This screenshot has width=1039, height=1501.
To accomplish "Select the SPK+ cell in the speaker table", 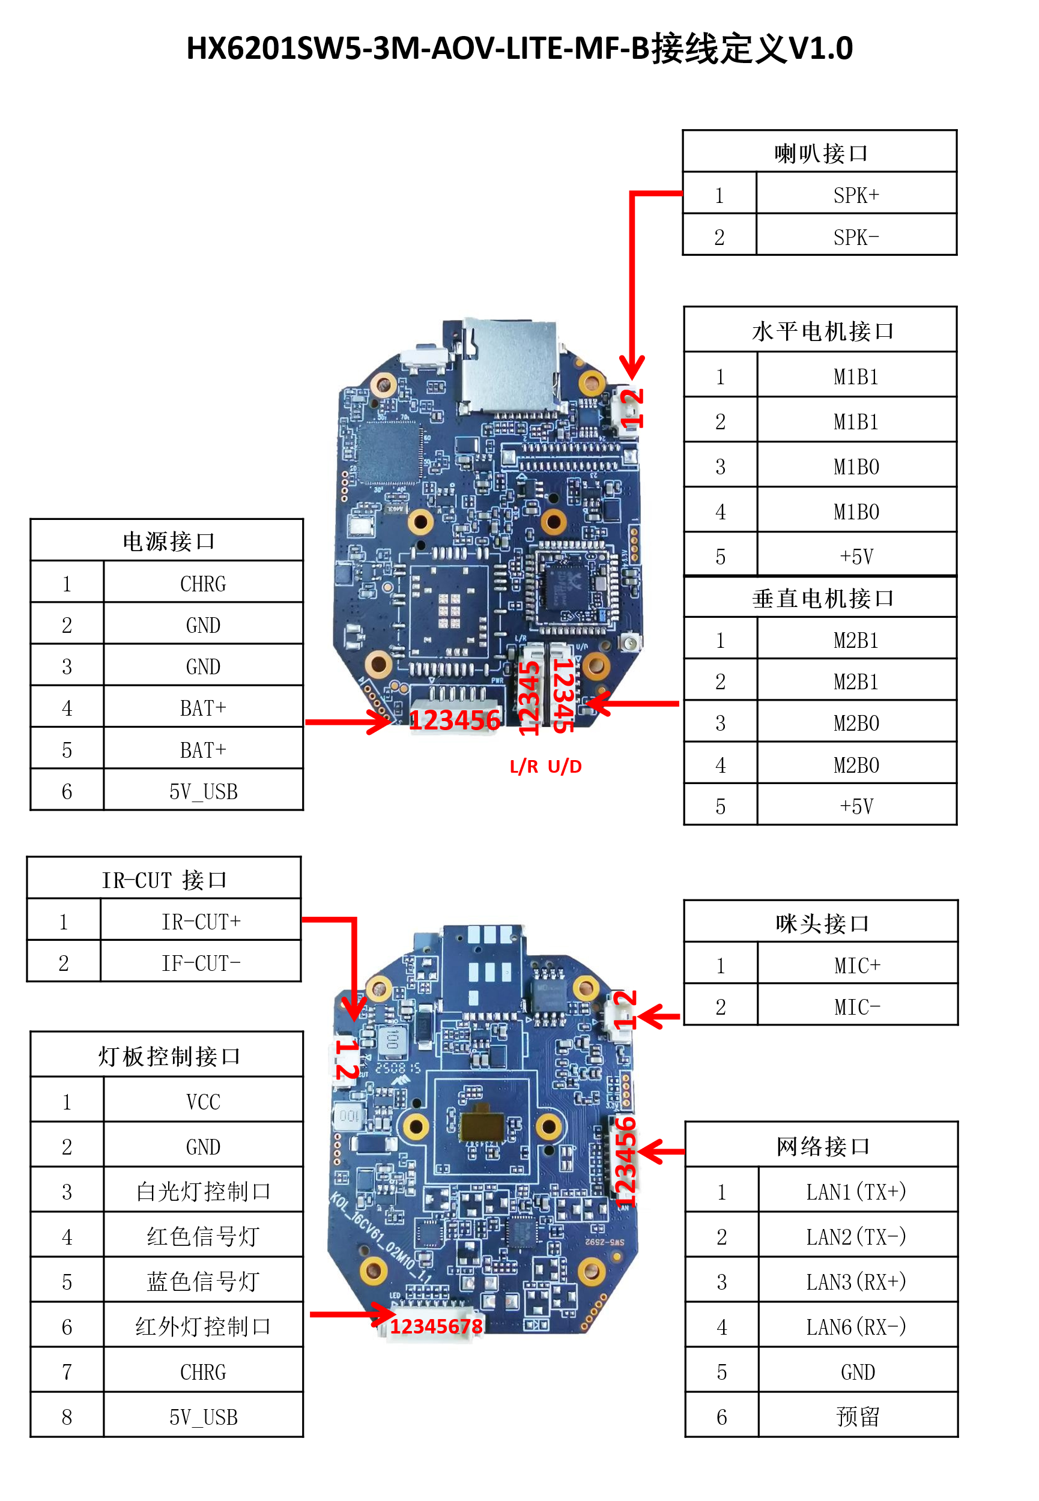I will (x=855, y=195).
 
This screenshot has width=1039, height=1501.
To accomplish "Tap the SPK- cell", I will (x=855, y=237).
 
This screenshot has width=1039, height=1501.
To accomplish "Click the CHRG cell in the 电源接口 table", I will (x=202, y=584).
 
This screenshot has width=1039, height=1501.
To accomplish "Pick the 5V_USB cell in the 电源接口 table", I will (x=202, y=791).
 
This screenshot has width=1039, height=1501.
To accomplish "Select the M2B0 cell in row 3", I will (x=855, y=723).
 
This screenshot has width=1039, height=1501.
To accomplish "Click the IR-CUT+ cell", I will (x=201, y=921).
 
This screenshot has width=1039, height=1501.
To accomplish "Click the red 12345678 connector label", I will (x=435, y=1326).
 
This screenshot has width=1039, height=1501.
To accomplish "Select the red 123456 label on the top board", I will (x=454, y=720).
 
